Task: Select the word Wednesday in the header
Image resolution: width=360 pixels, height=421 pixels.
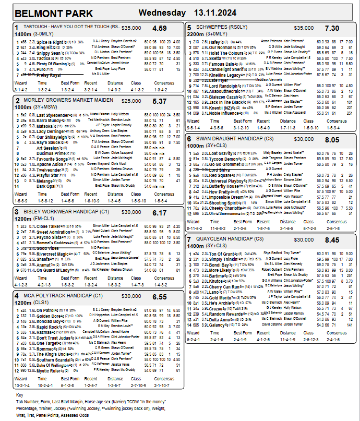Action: pyautogui.click(x=162, y=13)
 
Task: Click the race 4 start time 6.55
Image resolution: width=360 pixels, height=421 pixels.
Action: pyautogui.click(x=160, y=297)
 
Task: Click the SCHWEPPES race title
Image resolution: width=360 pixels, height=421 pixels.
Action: pyautogui.click(x=212, y=27)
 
